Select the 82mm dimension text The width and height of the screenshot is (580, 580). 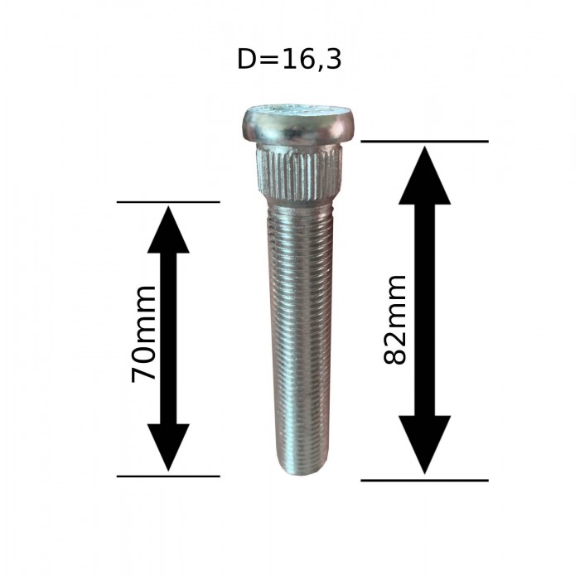coord(396,319)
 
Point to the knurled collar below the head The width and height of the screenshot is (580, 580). coord(300,169)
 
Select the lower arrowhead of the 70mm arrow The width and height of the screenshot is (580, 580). coord(168,447)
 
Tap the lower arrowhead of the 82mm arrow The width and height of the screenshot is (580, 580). coord(424,443)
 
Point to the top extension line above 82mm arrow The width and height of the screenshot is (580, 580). coord(424,141)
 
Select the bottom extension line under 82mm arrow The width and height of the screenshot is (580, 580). coord(424,480)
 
